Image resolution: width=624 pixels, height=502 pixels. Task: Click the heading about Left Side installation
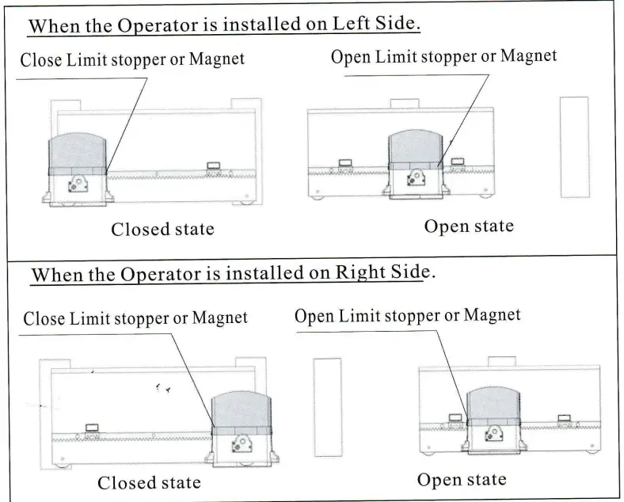point(223,25)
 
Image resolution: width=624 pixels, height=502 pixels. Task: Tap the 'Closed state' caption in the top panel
point(162,230)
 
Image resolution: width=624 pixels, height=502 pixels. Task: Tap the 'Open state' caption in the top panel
point(469,226)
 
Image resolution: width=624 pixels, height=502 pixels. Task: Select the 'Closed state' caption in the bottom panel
point(149,482)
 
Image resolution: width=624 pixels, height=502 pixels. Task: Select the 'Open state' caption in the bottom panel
point(462,480)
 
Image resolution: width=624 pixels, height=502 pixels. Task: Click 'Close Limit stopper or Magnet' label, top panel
point(132,59)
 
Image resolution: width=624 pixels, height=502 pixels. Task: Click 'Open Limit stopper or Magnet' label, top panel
point(443,57)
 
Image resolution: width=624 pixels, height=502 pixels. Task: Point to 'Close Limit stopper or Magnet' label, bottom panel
point(135,319)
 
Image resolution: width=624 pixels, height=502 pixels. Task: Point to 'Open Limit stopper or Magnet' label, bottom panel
point(408,316)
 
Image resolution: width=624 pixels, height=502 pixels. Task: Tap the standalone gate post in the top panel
point(574,147)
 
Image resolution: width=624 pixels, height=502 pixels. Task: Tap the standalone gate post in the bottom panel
point(327,407)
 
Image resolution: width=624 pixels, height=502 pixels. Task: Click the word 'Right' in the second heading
point(361,272)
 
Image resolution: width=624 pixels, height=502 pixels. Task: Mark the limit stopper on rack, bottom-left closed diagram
point(90,428)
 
